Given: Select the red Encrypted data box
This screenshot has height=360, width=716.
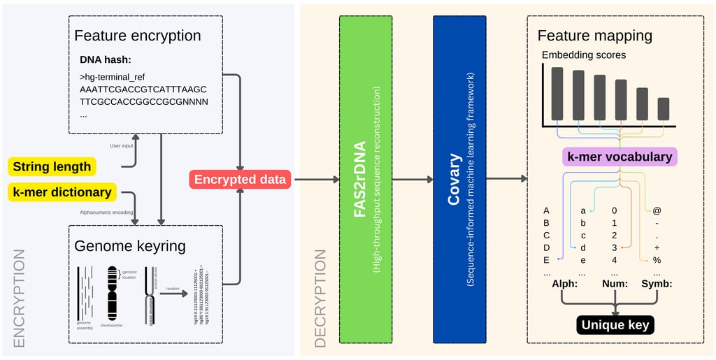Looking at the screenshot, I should [x=241, y=180].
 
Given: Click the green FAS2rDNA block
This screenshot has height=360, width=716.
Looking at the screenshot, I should [x=364, y=180].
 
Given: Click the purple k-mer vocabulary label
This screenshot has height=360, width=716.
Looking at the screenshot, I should [x=620, y=157].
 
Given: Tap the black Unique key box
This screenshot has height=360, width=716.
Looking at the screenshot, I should [x=615, y=325].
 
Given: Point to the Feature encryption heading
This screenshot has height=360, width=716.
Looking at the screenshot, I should [x=138, y=36].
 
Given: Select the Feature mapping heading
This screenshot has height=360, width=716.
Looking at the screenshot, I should [x=595, y=36].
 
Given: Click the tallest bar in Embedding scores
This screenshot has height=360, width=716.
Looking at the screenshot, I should [x=557, y=93].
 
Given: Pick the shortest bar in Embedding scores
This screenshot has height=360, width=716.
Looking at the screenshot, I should [x=663, y=108].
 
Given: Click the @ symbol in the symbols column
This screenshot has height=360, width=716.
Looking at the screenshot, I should [x=657, y=210].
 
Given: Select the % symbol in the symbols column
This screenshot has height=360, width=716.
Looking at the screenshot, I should [x=657, y=260].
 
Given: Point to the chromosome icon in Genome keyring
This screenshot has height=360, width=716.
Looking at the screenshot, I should [x=113, y=294].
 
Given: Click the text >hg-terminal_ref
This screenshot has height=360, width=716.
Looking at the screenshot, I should [x=113, y=76].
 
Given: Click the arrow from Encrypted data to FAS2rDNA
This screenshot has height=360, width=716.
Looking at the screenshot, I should [x=315, y=180].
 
